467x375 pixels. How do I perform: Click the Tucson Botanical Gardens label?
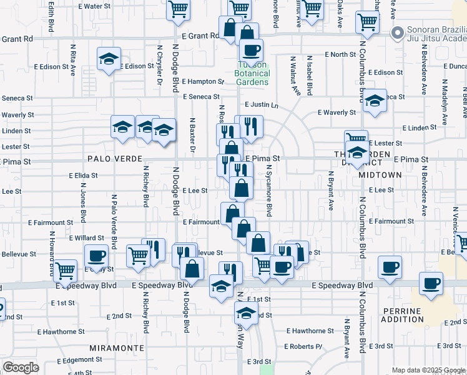[252, 74]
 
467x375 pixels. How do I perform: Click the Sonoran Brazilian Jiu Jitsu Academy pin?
[395, 33]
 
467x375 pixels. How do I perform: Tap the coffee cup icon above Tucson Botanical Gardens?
[251, 50]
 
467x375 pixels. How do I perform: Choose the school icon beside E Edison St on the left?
[109, 60]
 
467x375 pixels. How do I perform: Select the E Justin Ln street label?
[262, 104]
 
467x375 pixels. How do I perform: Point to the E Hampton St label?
[203, 81]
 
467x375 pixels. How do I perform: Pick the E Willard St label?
[87, 238]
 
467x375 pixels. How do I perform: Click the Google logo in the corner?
[21, 367]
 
